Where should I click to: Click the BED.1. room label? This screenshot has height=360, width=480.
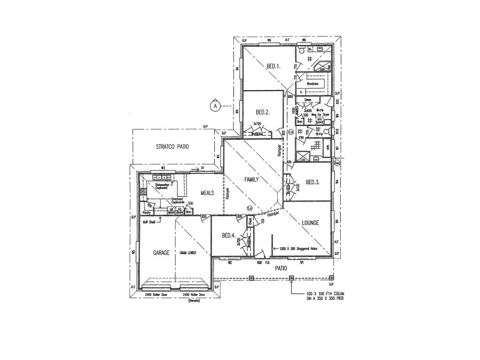pyautogui.click(x=272, y=66)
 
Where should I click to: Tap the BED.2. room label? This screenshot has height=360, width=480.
pyautogui.click(x=262, y=112)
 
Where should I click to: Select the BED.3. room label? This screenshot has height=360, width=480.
pyautogui.click(x=313, y=182)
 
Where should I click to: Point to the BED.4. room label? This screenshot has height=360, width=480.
pyautogui.click(x=229, y=235)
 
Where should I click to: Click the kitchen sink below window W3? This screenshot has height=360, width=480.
pyautogui.click(x=161, y=177)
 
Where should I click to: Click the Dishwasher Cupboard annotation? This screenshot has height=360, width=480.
pyautogui.click(x=163, y=186)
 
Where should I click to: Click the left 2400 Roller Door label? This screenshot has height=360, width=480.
pyautogui.click(x=157, y=295)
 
